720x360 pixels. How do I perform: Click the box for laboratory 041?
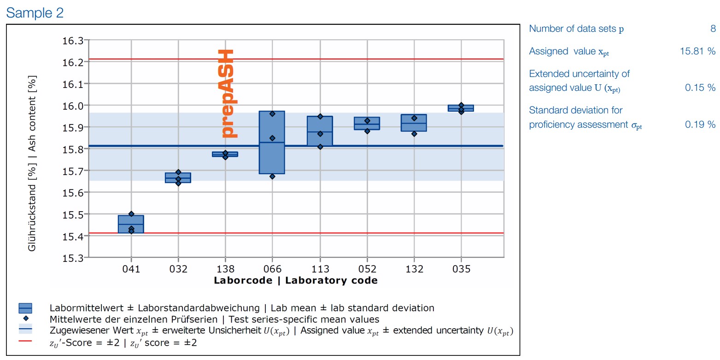pyautogui.click(x=131, y=224)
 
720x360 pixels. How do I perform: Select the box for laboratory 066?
pyautogui.click(x=272, y=142)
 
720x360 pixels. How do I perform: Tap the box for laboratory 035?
pyautogui.click(x=461, y=108)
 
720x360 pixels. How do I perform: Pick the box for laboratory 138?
pyautogui.click(x=225, y=154)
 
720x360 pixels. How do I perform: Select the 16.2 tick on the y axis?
pyautogui.click(x=73, y=62)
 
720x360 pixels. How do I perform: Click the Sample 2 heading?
pyautogui.click(x=35, y=13)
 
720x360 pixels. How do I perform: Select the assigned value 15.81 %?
pyautogui.click(x=697, y=51)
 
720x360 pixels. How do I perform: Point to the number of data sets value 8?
pyautogui.click(x=713, y=29)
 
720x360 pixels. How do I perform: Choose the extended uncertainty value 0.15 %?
pyautogui.click(x=700, y=88)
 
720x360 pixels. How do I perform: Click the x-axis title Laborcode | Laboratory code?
pyautogui.click(x=295, y=280)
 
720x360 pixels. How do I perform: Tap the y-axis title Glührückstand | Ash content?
pyautogui.click(x=32, y=164)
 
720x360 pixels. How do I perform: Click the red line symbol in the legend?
pyautogui.click(x=25, y=341)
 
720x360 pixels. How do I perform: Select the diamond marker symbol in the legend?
pyautogui.click(x=25, y=319)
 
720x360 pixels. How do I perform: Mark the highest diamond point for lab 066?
pyautogui.click(x=272, y=113)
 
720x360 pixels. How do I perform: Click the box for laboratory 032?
pyautogui.click(x=178, y=177)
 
